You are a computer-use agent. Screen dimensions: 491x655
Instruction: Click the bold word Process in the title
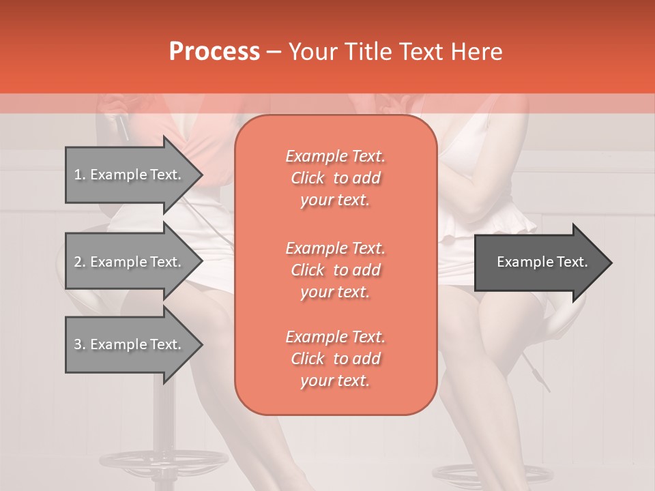point(214,52)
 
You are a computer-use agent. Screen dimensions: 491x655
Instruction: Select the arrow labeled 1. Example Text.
point(130,175)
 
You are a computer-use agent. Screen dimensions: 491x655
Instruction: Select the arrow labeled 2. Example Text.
point(130,262)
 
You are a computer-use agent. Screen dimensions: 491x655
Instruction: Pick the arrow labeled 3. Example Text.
point(130,344)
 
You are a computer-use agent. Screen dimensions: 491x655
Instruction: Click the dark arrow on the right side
point(539,263)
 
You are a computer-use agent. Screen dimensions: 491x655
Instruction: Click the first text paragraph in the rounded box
point(335,178)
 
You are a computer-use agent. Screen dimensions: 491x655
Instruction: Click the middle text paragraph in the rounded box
point(335,270)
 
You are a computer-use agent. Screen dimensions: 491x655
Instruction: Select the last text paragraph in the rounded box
point(335,359)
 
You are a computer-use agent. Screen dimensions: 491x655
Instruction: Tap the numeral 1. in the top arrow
point(79,175)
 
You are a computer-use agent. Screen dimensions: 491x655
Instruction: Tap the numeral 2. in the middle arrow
point(79,262)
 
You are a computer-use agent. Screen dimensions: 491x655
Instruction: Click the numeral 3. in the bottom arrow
point(79,344)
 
